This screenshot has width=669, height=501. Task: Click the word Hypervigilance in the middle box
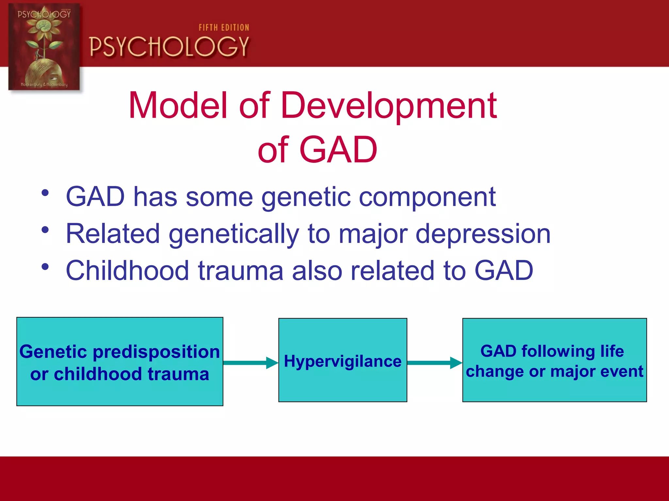[x=342, y=361]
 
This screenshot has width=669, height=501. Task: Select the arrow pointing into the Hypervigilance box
[x=251, y=363]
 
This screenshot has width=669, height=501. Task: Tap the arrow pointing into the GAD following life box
[x=434, y=363]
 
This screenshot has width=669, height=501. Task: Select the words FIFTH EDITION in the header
[x=224, y=28]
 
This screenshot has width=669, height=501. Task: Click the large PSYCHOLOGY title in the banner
[x=169, y=47]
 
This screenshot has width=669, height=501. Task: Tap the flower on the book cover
[x=44, y=28]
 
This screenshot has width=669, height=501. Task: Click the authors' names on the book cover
[x=44, y=84]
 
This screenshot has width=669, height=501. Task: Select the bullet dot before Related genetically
[x=45, y=230]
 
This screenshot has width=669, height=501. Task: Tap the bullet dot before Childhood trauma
[x=45, y=267]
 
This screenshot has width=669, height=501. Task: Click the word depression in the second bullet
[x=483, y=234]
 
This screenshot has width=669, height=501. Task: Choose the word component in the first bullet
[x=427, y=197]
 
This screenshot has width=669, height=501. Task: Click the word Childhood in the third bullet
[x=127, y=271]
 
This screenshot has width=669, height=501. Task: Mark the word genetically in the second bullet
[x=234, y=234]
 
